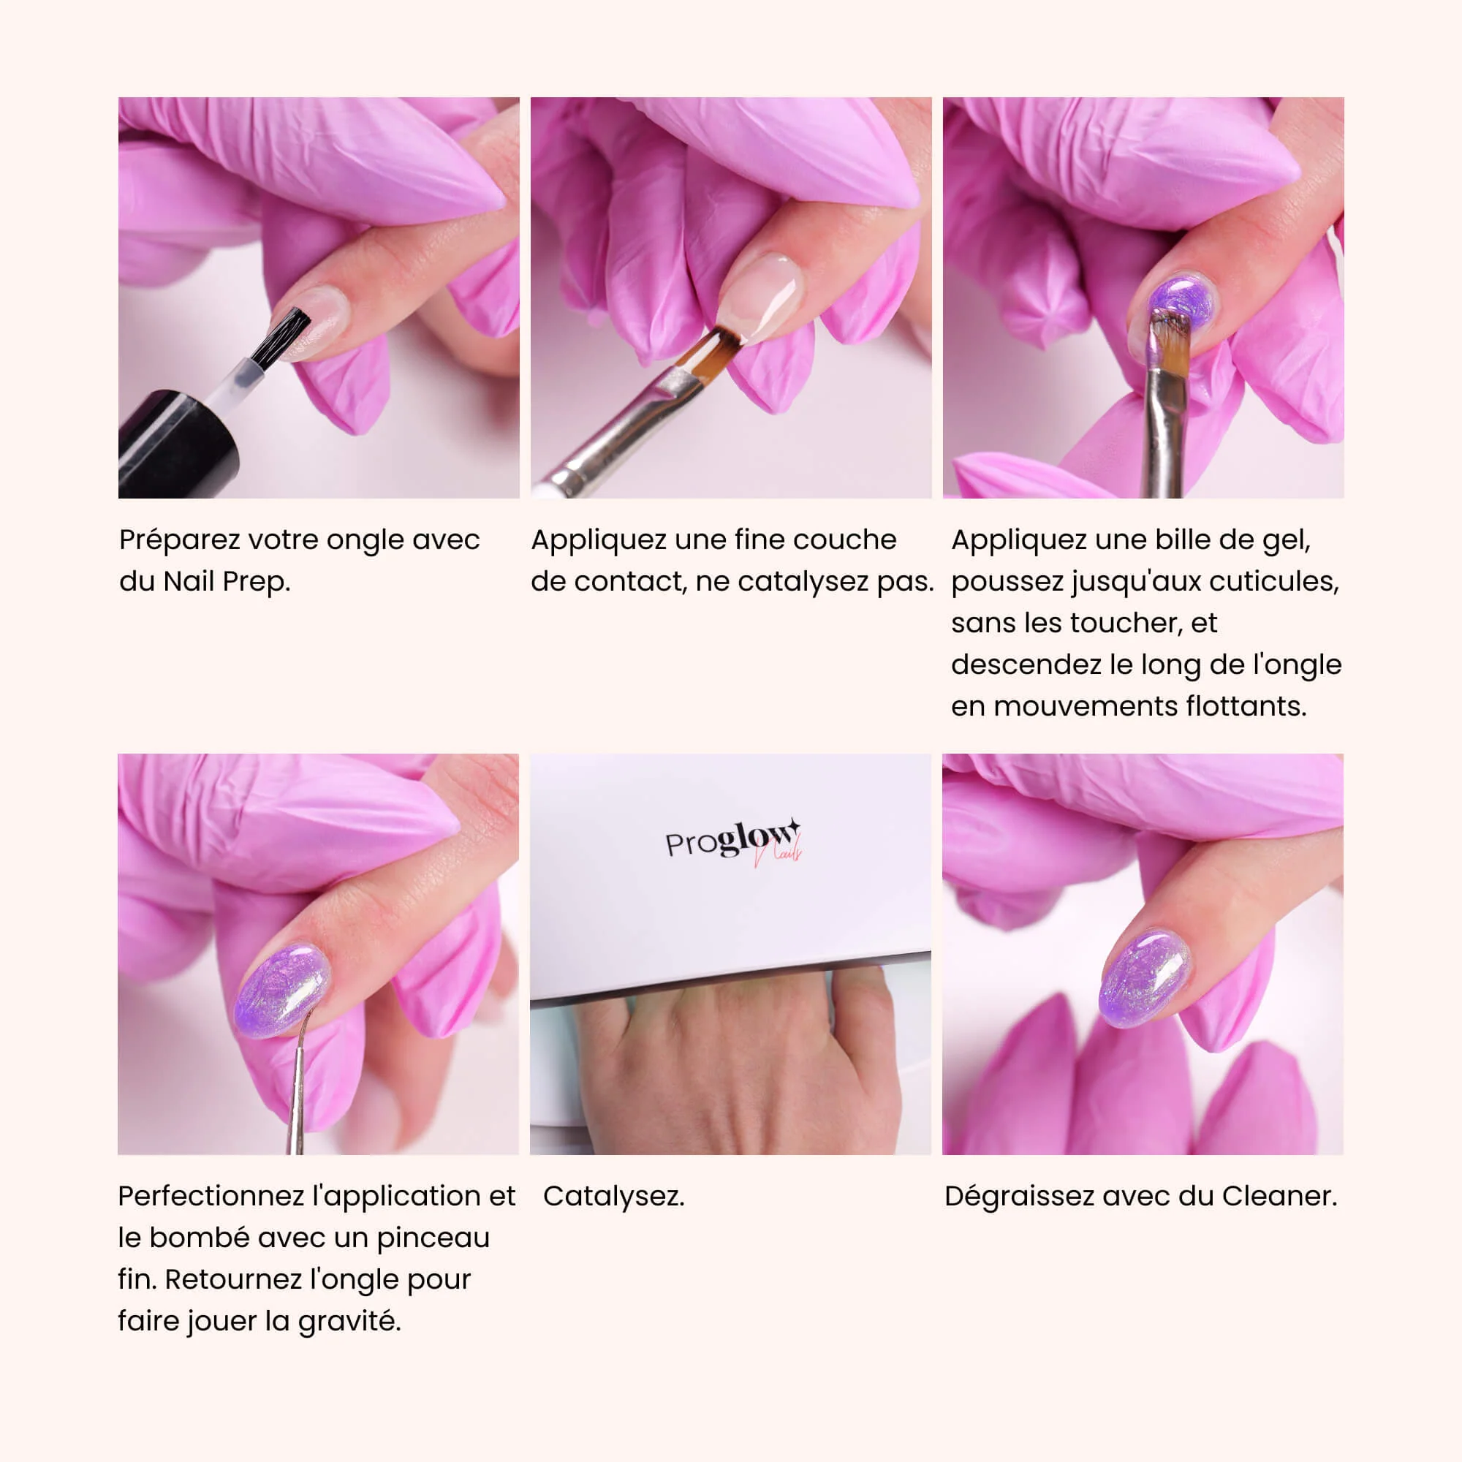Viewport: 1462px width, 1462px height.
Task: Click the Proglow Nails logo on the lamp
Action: click(733, 841)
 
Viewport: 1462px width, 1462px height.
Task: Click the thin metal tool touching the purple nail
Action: click(299, 1081)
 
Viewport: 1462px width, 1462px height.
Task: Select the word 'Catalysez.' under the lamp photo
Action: click(614, 1196)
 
